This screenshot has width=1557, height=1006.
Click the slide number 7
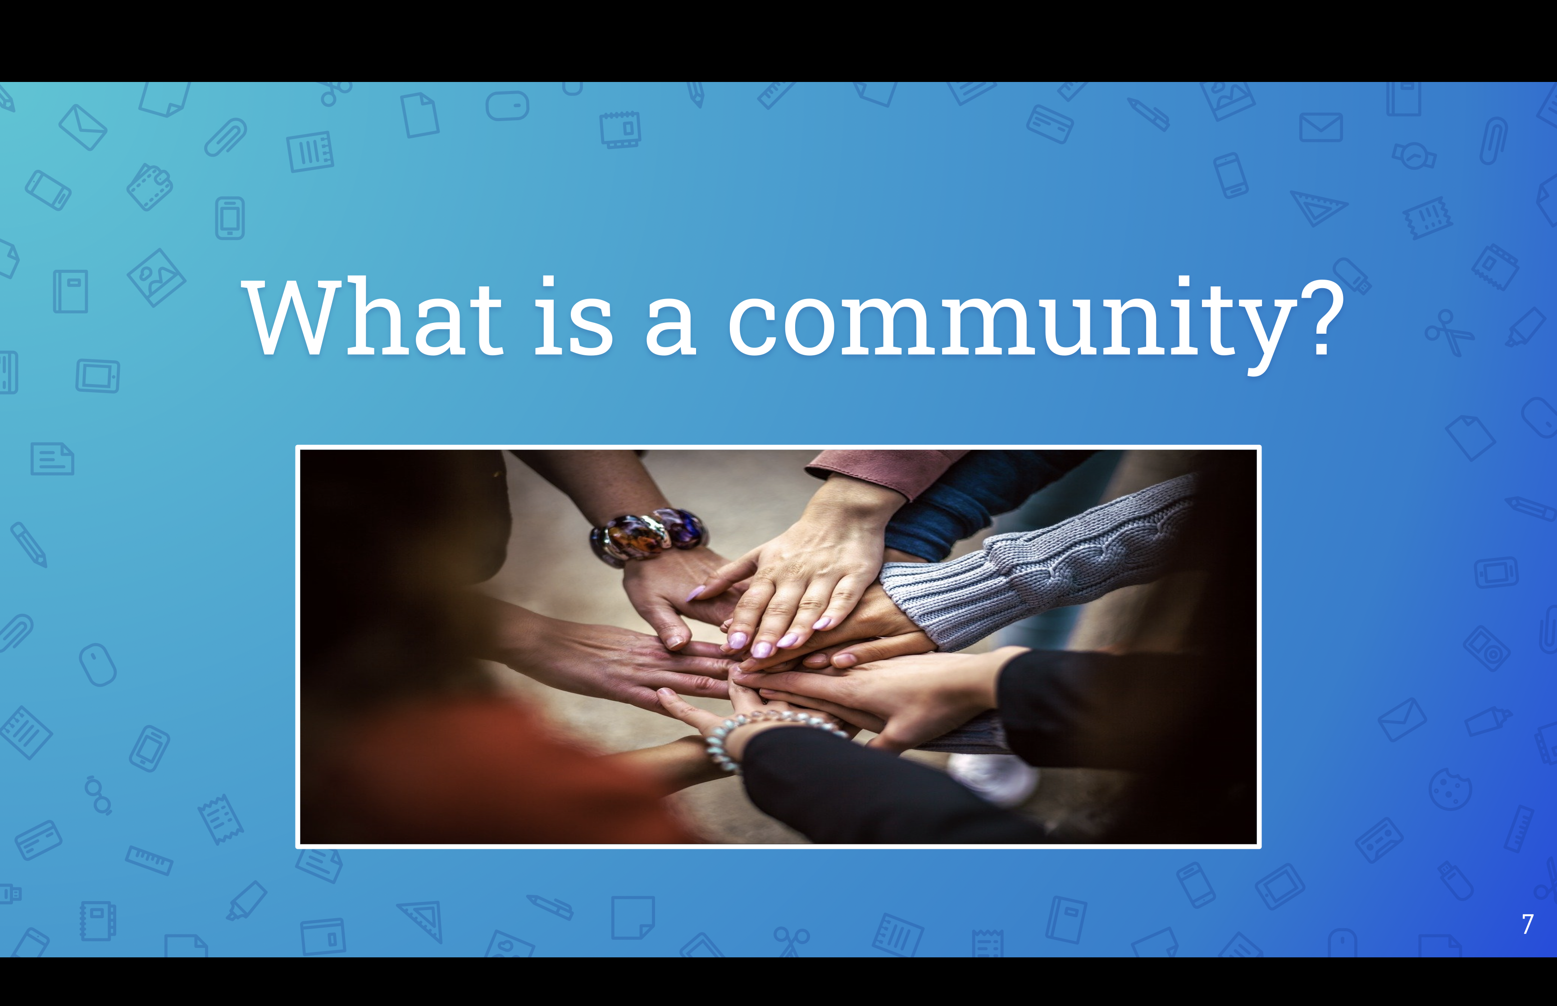coord(1527,924)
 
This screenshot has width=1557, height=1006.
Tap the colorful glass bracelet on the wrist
coord(648,536)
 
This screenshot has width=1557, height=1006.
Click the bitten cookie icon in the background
coord(1450,789)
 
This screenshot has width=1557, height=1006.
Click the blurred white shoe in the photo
coord(993,777)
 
